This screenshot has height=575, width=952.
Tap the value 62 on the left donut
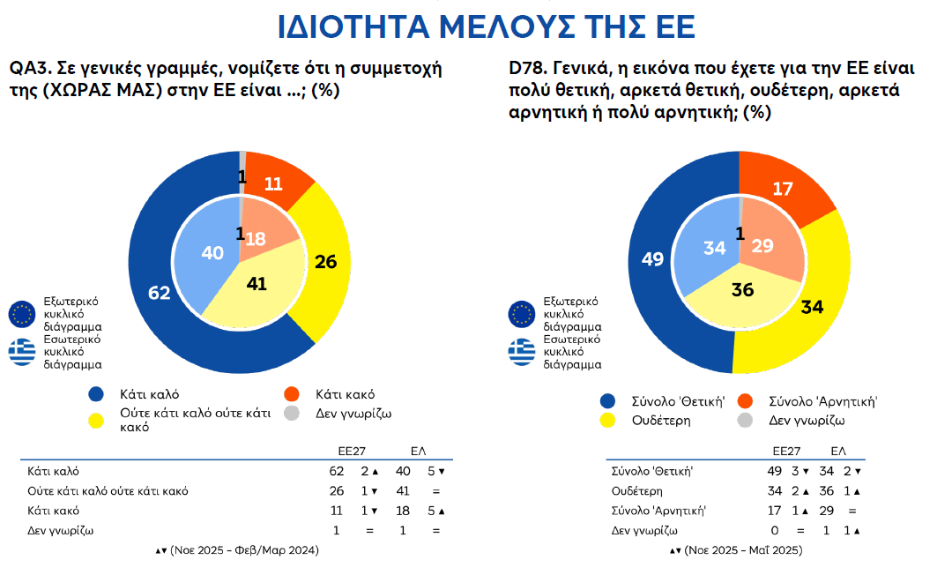point(159,293)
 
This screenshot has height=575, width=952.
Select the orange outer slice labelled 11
point(273,184)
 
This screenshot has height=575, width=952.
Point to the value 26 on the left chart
point(326,262)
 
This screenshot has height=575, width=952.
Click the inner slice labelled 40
point(212,253)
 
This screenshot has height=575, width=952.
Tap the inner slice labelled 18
point(257,239)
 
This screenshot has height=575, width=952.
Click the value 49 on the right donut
point(652,259)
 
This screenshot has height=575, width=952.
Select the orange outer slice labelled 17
point(781,188)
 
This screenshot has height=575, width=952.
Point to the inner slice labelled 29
point(763,247)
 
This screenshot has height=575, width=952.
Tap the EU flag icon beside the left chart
point(21,312)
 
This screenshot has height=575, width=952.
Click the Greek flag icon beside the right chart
point(521,351)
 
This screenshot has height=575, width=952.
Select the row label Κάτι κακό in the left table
point(54,511)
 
